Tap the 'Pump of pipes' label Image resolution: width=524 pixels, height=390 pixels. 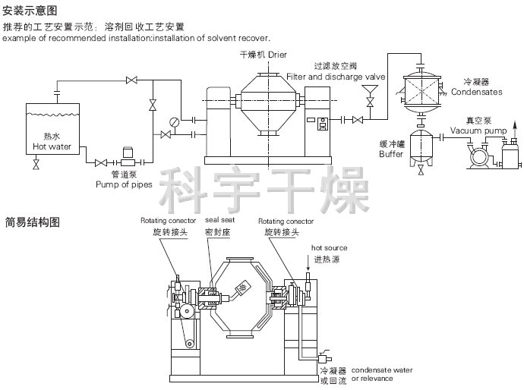click(x=124, y=184)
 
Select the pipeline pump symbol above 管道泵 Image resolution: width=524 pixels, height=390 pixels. click(x=127, y=161)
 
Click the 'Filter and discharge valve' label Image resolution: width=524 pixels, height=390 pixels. click(x=336, y=77)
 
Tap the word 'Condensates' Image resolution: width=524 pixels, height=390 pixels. click(x=477, y=92)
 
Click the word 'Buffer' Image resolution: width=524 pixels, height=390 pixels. click(x=391, y=153)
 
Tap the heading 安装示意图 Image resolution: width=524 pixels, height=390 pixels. click(x=30, y=10)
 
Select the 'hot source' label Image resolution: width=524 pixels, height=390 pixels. click(x=329, y=248)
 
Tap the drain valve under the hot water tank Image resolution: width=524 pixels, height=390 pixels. click(x=36, y=165)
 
